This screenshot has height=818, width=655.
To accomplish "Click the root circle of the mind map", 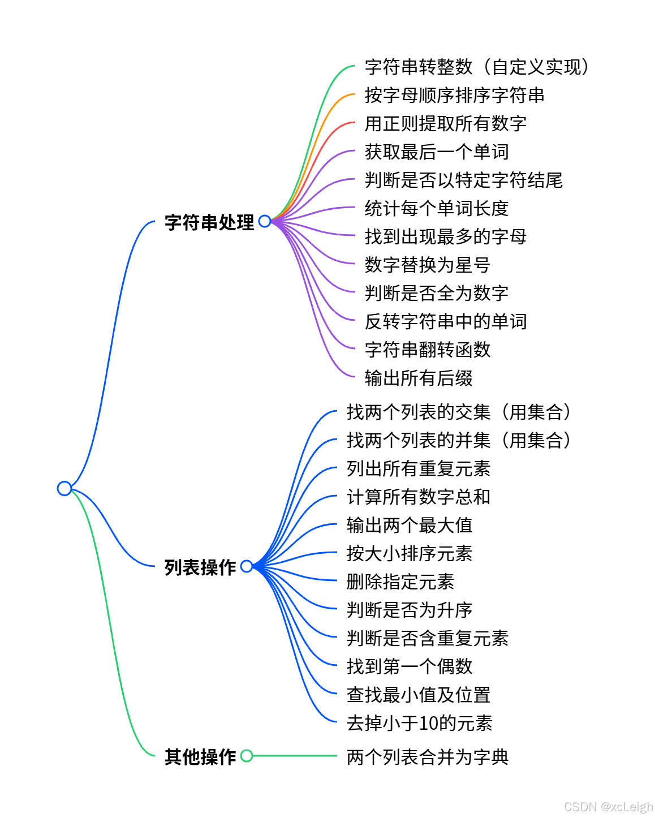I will point(64,488).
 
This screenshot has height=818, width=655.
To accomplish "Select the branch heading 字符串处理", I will point(209,222).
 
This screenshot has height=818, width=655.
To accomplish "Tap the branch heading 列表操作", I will point(200,567).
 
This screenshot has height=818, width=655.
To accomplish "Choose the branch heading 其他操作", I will point(200,756).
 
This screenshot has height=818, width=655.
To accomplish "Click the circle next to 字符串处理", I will point(265,221).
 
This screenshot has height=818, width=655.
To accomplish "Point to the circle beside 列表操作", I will point(247,566).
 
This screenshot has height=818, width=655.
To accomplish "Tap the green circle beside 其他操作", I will point(247,756).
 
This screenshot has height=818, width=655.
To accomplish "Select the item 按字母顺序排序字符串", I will point(454,95).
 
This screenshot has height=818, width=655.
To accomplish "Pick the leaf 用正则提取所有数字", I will point(445,123).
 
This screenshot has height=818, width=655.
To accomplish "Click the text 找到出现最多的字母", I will point(445,236).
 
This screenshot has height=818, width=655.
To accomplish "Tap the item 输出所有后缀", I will point(419,378).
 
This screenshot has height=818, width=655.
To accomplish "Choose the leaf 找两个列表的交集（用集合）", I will point(460,412).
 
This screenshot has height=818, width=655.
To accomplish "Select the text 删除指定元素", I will point(400,582).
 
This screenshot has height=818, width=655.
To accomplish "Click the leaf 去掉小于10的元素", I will point(419,723).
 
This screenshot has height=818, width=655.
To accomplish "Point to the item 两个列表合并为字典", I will point(428,756).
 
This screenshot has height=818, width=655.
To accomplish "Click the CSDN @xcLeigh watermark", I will point(608,807).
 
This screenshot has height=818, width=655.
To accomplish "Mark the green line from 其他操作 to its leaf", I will point(294,756).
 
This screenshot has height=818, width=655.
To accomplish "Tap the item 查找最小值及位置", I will point(419,695).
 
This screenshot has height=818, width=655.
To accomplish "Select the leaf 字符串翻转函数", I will point(428,350).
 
